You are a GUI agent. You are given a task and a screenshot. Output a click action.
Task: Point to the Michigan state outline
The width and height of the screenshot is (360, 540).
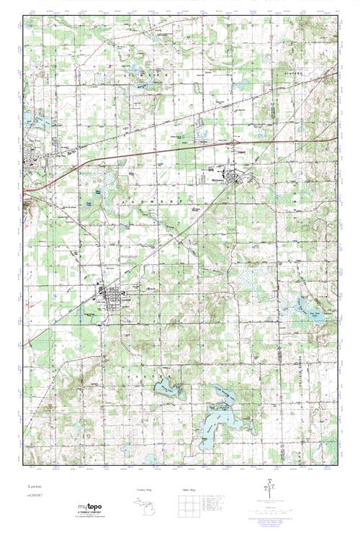click(x=144, y=504)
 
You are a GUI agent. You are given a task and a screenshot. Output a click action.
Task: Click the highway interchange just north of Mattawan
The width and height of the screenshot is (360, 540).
click(x=235, y=143)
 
